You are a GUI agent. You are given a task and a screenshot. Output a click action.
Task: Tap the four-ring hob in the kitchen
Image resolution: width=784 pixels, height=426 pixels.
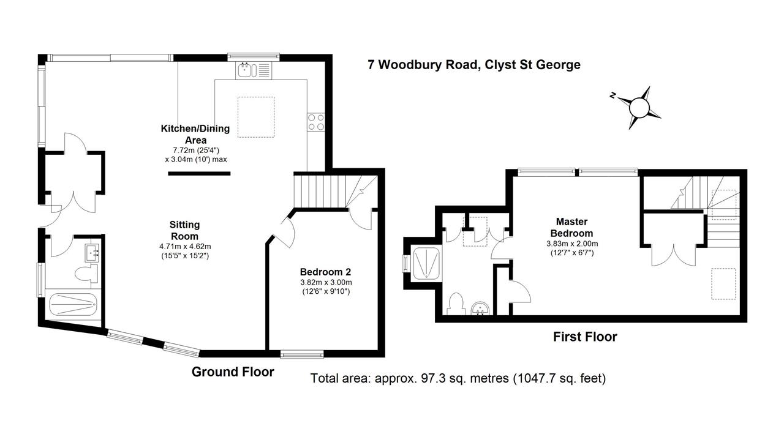[316, 122]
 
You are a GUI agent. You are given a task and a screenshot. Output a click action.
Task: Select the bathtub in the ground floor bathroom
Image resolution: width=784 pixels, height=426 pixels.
[73, 304]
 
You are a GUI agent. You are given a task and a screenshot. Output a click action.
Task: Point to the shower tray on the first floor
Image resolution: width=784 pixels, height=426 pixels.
[426, 263]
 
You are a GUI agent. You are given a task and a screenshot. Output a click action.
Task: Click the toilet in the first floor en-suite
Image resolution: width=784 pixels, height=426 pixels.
[456, 304]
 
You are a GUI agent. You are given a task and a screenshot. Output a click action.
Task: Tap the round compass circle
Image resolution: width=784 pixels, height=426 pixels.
[639, 108]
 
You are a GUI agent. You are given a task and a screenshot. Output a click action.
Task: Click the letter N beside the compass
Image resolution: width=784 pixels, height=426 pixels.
[612, 95]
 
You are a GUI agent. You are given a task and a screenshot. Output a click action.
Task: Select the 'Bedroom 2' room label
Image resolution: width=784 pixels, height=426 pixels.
[325, 272]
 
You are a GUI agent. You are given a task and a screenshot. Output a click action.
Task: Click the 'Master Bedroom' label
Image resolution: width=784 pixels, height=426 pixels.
[572, 227]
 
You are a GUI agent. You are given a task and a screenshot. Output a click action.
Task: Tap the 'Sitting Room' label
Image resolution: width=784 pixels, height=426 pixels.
[184, 230]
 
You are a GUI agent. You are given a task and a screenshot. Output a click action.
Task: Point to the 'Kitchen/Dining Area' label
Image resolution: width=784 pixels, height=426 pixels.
[195, 134]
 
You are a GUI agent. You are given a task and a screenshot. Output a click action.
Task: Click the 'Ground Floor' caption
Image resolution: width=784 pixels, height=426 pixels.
[233, 372]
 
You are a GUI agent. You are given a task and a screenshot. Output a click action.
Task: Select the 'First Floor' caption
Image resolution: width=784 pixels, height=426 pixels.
[585, 337]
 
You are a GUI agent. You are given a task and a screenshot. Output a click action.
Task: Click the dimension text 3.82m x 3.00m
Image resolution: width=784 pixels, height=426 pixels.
[326, 282]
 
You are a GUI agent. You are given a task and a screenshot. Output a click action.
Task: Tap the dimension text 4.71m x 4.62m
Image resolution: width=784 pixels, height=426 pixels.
[185, 247]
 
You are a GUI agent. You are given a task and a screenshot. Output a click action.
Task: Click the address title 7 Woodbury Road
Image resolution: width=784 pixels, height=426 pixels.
[423, 65]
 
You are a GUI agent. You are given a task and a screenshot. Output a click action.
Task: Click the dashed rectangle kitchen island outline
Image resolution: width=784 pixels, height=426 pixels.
[256, 117]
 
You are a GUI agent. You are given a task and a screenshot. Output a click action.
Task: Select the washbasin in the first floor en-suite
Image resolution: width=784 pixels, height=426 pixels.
[481, 308]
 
